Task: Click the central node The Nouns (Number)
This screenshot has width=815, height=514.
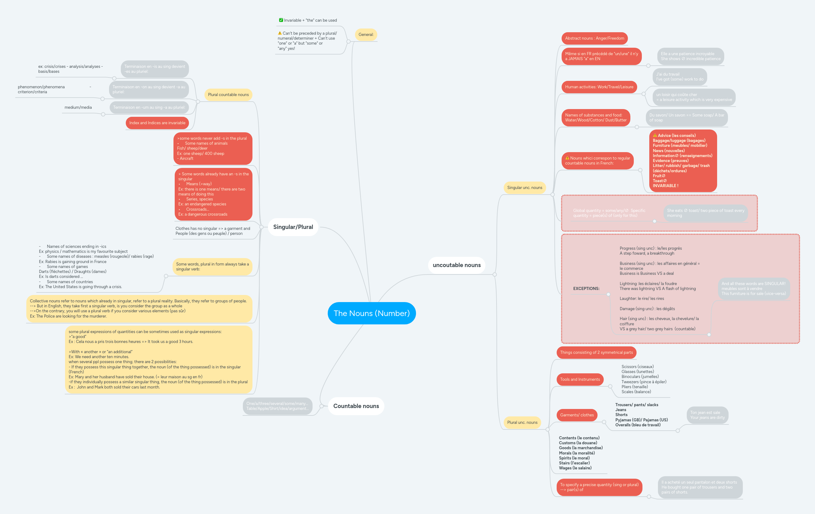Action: point(371,313)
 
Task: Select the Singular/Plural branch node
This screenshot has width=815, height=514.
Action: point(293,227)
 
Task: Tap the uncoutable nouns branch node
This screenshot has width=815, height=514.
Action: point(456,265)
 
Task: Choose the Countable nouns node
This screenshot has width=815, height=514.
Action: point(356,406)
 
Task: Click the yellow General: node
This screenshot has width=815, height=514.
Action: point(366,34)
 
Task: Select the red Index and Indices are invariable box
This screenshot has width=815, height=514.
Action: point(157,123)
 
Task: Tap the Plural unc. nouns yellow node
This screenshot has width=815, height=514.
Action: point(522,422)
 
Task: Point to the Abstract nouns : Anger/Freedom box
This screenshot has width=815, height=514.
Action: point(594,38)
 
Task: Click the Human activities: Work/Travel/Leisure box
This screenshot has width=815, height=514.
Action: point(599,87)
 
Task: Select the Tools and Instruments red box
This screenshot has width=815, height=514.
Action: point(580,379)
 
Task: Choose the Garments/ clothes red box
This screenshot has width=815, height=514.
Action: point(576,415)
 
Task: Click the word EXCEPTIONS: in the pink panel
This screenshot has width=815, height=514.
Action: point(586,288)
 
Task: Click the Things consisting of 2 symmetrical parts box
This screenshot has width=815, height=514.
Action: point(596,352)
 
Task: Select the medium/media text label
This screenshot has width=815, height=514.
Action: point(78,107)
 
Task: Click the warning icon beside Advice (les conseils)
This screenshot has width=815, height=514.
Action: point(655,135)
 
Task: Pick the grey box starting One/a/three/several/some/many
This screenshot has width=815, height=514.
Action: point(277,406)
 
